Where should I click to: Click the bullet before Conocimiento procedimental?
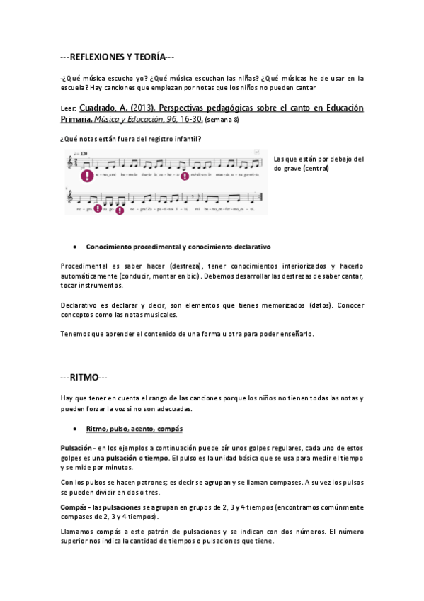75,247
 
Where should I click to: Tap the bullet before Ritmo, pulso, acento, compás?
75,429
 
